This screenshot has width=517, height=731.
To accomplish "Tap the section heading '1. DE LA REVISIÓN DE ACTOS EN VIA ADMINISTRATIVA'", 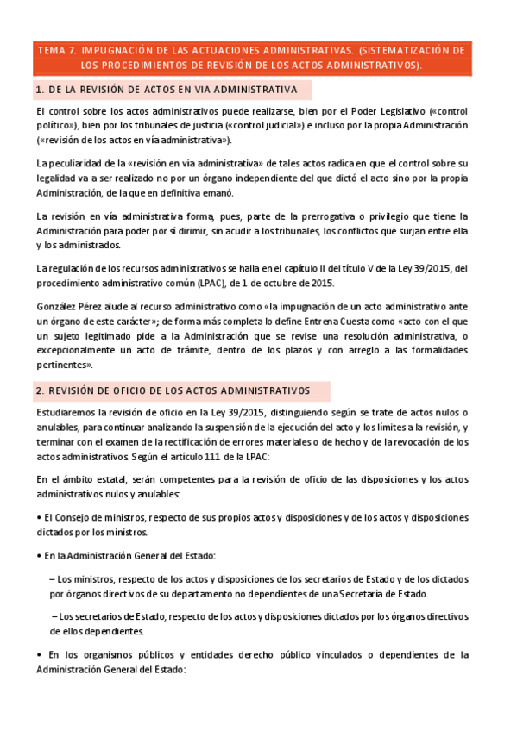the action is (167, 90).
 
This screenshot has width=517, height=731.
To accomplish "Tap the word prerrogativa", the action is (316, 216).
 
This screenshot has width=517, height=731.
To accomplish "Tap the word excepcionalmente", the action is (80, 349).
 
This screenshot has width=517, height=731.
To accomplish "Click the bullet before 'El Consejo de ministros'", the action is (40, 517).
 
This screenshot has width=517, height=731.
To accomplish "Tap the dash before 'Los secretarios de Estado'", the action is (54, 616).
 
